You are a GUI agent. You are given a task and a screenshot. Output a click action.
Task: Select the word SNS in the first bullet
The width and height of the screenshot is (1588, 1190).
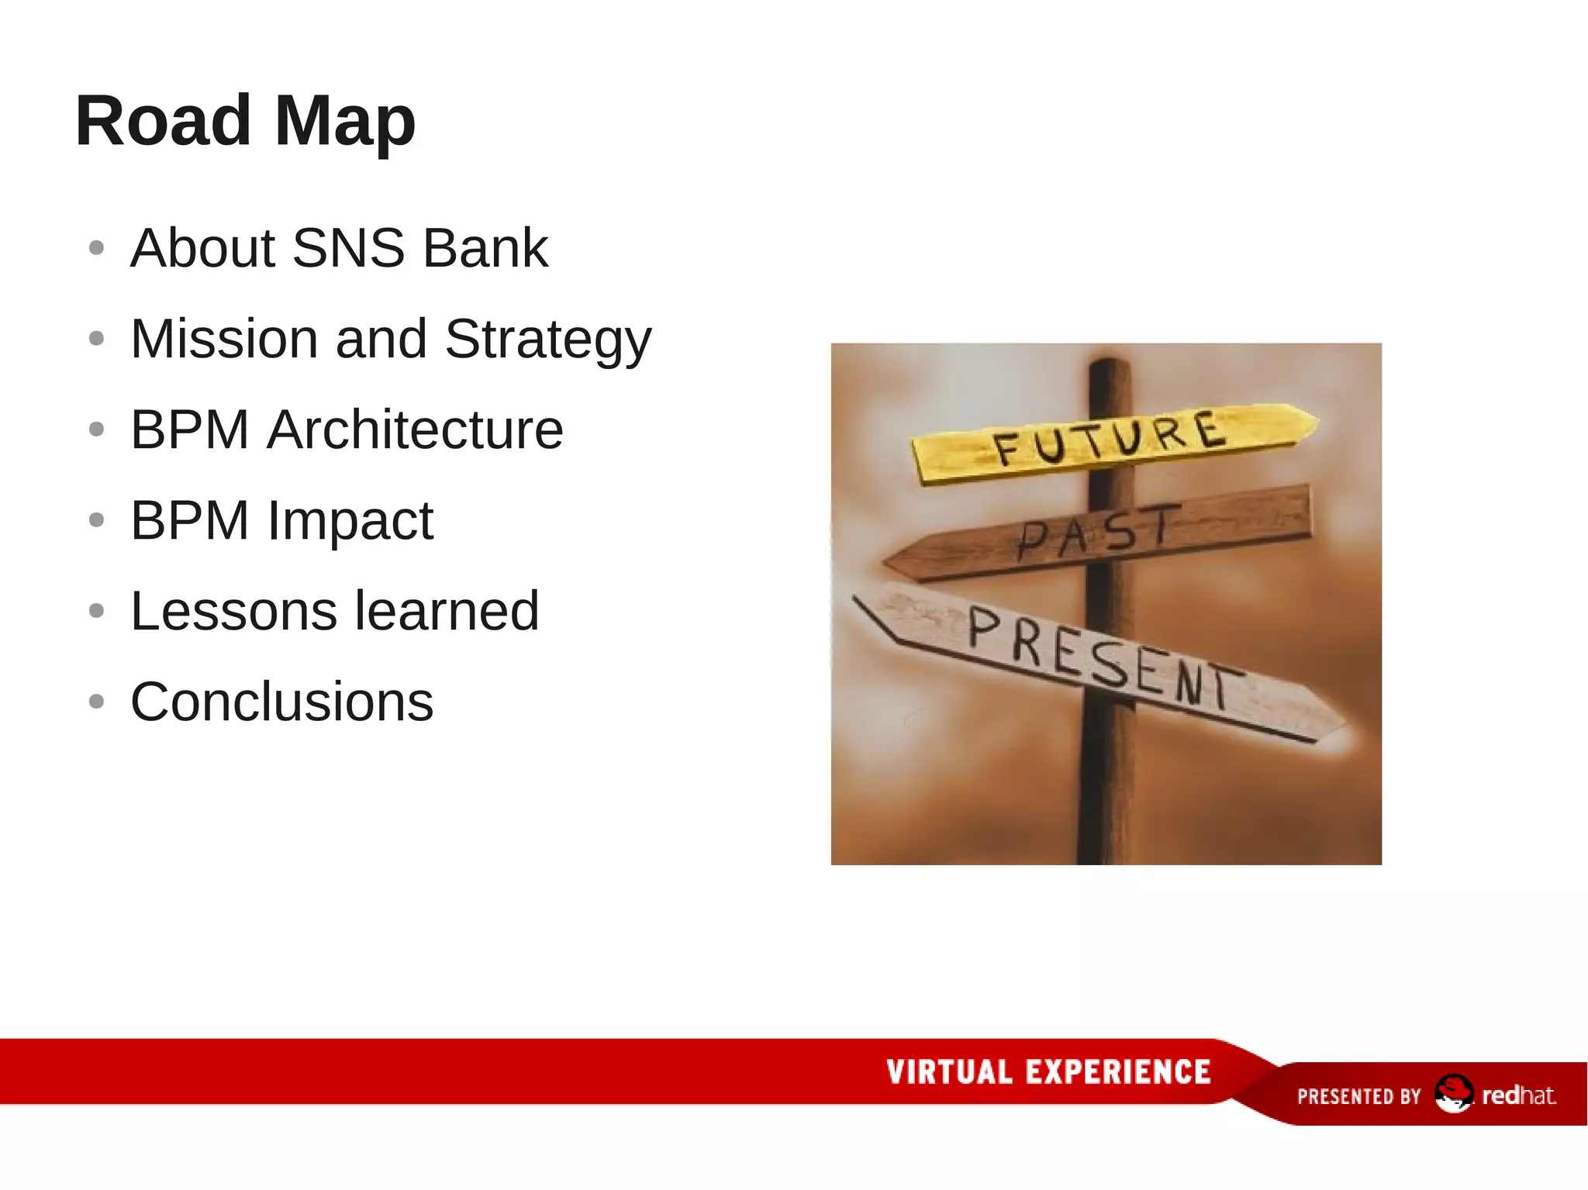(x=348, y=248)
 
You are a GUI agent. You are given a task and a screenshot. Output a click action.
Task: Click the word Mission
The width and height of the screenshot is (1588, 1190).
(x=224, y=339)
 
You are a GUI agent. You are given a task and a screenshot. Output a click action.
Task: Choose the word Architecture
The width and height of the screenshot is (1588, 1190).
(x=415, y=429)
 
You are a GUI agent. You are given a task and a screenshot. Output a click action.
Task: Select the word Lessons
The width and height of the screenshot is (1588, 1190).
(x=233, y=611)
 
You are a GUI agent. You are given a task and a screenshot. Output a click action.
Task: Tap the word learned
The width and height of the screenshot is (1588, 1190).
(x=447, y=611)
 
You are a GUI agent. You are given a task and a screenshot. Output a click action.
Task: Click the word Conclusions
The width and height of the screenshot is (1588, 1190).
(x=281, y=702)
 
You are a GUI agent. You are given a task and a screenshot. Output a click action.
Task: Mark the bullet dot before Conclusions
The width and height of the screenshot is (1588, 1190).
(x=96, y=702)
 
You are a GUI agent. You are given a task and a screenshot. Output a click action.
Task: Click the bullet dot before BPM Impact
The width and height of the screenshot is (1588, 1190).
(x=96, y=520)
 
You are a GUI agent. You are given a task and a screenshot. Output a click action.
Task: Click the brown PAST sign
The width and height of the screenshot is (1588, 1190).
(x=1101, y=533)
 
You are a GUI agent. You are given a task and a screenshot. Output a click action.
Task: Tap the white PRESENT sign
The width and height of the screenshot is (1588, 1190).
(x=1101, y=659)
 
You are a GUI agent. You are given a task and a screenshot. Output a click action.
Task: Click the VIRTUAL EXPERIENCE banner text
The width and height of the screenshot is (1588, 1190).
(x=1048, y=1072)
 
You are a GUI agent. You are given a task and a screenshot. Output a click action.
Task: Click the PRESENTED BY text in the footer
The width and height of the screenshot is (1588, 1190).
(x=1358, y=1096)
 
